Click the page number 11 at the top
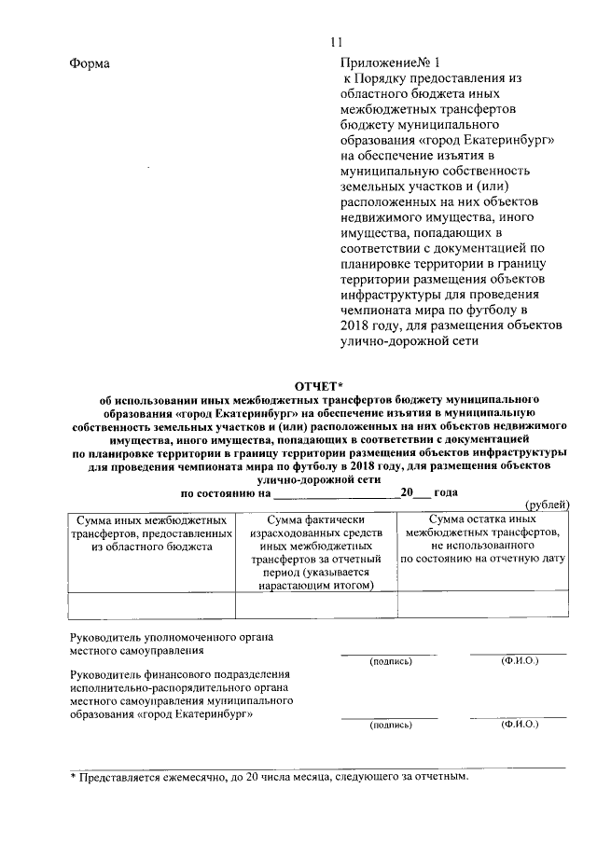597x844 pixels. (x=336, y=41)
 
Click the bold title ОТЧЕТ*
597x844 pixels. (x=319, y=385)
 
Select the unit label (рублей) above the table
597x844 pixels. (x=548, y=505)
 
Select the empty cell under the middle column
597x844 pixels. (x=316, y=606)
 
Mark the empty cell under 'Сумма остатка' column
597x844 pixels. (x=482, y=606)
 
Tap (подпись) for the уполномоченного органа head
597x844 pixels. (x=390, y=661)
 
